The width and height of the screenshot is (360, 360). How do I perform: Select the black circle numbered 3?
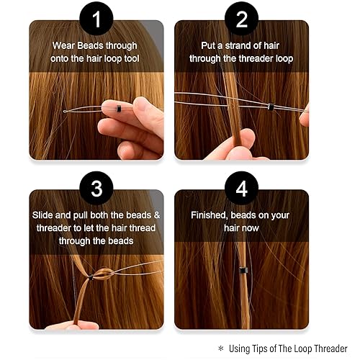click(96, 190)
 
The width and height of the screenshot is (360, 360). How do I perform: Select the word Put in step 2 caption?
click(199, 46)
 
